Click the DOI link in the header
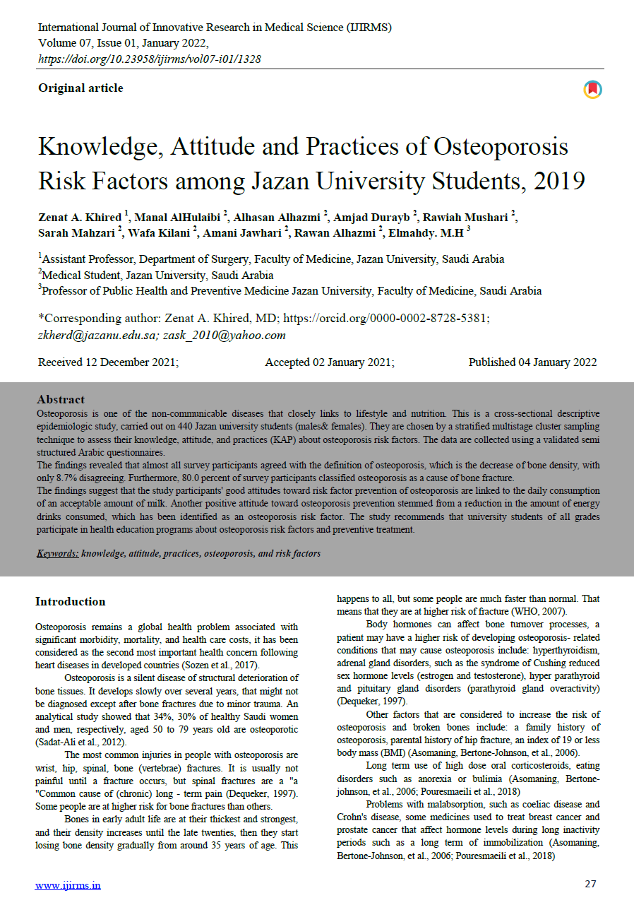pos(150,59)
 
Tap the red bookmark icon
pos(592,90)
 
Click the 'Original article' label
pos(80,88)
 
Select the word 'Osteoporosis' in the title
pos(501,146)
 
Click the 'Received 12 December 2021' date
pos(108,362)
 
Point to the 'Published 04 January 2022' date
pos(532,362)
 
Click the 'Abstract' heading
pos(61,400)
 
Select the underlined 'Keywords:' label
pos(58,553)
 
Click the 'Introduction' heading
pos(71,602)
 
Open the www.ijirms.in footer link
pos(68,885)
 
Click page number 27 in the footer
pos(591,884)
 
